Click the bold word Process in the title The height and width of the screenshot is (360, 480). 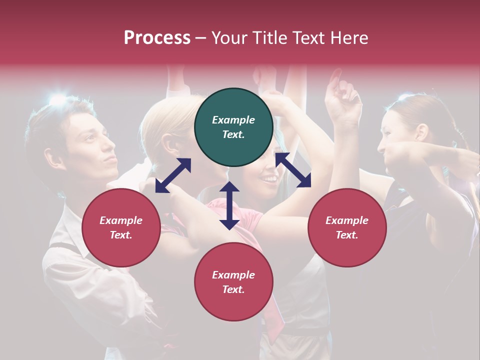(157, 38)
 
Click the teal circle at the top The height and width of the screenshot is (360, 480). (233, 127)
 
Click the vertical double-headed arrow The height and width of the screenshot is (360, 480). (229, 205)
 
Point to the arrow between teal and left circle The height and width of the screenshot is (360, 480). (173, 175)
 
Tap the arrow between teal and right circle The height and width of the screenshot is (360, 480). (293, 170)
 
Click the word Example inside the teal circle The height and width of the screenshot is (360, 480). (233, 120)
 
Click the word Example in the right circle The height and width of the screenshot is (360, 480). (347, 220)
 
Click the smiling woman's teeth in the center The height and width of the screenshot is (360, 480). (270, 178)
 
